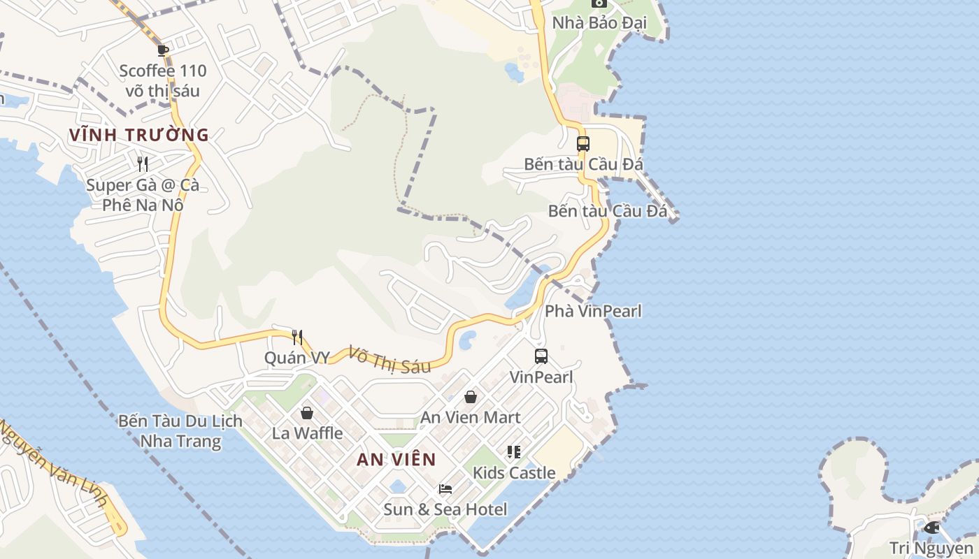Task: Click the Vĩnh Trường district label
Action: tap(139, 135)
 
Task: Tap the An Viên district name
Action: tap(396, 460)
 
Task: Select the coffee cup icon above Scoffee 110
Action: tap(163, 50)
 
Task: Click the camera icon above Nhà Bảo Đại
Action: tap(599, 3)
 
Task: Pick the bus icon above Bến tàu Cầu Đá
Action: tap(583, 144)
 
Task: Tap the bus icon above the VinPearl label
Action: tap(541, 356)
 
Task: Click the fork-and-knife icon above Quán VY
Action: tap(297, 337)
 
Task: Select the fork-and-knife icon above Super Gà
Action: tap(143, 164)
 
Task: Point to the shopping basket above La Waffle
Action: tap(306, 413)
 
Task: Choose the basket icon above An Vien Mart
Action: tap(471, 397)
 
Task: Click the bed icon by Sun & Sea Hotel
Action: tap(445, 489)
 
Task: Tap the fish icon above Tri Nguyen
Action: tap(931, 528)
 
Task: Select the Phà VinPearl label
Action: tap(593, 311)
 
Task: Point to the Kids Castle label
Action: tap(514, 472)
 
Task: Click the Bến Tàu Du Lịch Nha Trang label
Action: tap(180, 430)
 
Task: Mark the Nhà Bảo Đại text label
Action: tap(599, 23)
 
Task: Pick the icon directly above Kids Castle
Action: tap(514, 452)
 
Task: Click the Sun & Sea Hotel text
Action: tap(445, 509)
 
